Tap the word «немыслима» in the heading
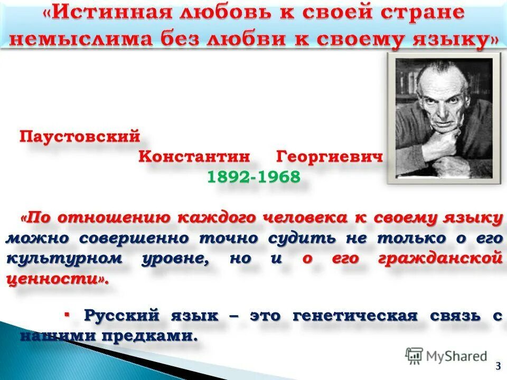pyautogui.click(x=79, y=41)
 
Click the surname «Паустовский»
pyautogui.click(x=80, y=137)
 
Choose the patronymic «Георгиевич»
pyautogui.click(x=328, y=156)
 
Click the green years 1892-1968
pyautogui.click(x=253, y=176)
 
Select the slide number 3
pyautogui.click(x=497, y=366)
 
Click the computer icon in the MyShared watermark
pyautogui.click(x=414, y=356)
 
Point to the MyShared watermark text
pyautogui.click(x=457, y=356)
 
